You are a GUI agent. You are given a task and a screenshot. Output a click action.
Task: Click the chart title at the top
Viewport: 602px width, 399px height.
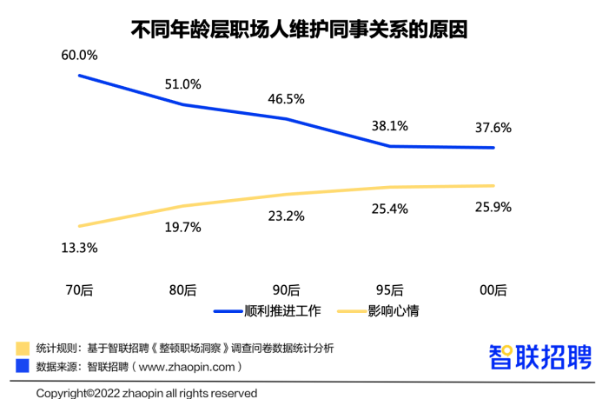point(300,30)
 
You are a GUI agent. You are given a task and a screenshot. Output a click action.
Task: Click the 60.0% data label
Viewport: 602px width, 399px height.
point(79,55)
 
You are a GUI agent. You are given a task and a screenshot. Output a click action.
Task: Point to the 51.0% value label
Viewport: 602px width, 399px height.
point(183,84)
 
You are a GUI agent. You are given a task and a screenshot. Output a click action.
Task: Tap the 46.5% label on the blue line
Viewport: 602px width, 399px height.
point(286,98)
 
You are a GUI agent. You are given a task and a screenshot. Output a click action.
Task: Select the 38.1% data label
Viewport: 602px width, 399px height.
point(389,125)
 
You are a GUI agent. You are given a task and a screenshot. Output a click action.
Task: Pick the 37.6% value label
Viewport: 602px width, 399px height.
point(493,127)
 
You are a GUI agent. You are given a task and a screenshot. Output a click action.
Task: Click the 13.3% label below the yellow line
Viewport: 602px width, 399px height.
point(79,248)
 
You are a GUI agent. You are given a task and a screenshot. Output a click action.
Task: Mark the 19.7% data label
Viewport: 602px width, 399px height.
point(183,228)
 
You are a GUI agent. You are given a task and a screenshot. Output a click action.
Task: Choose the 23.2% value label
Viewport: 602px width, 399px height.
point(286,216)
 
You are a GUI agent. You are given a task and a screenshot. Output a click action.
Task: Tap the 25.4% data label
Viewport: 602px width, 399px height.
point(389,209)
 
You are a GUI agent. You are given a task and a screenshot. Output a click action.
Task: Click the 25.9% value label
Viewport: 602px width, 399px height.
point(493,207)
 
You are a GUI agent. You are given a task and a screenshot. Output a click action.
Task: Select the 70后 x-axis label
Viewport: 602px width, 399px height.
point(79,289)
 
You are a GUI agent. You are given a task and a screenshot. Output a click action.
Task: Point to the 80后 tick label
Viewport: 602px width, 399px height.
point(183,289)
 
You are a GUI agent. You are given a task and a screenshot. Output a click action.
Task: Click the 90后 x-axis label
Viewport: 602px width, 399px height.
point(286,289)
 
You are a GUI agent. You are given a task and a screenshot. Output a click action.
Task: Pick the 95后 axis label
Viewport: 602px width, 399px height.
point(389,289)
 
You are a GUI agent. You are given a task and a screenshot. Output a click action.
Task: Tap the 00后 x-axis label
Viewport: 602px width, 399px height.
point(493,289)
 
